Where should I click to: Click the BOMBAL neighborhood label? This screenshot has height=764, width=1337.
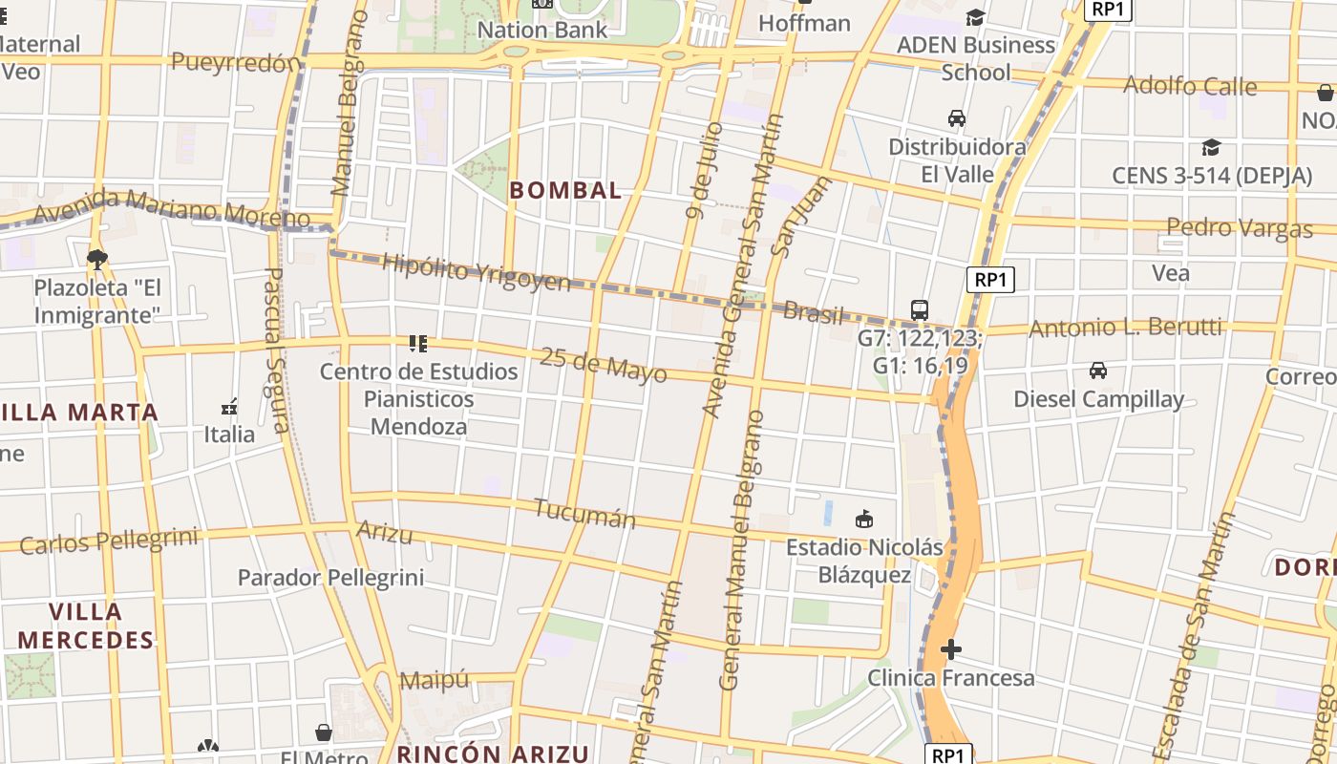pyautogui.click(x=565, y=190)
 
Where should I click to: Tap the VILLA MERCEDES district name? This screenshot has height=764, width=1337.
pyautogui.click(x=86, y=626)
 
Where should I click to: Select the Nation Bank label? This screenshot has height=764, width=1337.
pyautogui.click(x=541, y=30)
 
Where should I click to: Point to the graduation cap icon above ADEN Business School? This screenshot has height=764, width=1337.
pyautogui.click(x=975, y=18)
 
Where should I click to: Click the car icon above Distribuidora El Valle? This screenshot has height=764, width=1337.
pyautogui.click(x=956, y=118)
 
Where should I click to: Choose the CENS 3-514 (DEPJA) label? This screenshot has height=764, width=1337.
pyautogui.click(x=1211, y=176)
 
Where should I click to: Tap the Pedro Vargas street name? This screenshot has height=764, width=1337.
pyautogui.click(x=1240, y=228)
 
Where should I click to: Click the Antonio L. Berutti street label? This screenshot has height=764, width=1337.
pyautogui.click(x=1125, y=329)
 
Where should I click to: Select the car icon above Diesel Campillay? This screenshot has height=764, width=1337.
pyautogui.click(x=1098, y=371)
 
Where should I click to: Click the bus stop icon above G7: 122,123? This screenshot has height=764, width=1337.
pyautogui.click(x=920, y=310)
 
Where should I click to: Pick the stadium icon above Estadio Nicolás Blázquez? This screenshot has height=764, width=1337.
pyautogui.click(x=864, y=519)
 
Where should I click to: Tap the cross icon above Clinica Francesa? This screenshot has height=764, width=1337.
pyautogui.click(x=950, y=650)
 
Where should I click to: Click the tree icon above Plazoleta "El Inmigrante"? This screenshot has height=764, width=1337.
pyautogui.click(x=96, y=259)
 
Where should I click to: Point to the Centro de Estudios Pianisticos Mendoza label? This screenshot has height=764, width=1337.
pyautogui.click(x=418, y=398)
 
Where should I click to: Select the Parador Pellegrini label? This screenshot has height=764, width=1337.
pyautogui.click(x=330, y=578)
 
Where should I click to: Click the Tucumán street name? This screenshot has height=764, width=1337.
pyautogui.click(x=584, y=513)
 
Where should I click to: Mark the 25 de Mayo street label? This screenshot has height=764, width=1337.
pyautogui.click(x=603, y=365)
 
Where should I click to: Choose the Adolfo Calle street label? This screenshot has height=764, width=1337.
pyautogui.click(x=1190, y=86)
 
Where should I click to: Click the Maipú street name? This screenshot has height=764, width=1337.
pyautogui.click(x=435, y=680)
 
